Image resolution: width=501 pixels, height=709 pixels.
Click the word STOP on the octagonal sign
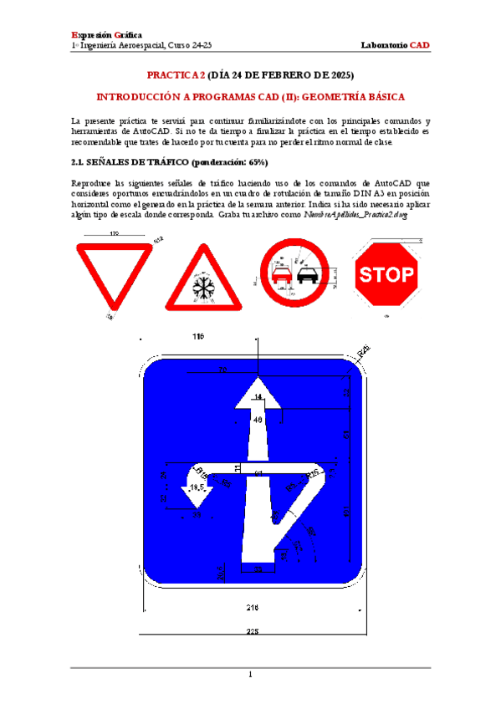pyautogui.click(x=386, y=273)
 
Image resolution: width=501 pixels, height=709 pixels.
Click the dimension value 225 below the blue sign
pyautogui.click(x=253, y=631)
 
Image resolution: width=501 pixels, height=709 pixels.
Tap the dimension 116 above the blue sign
pyautogui.click(x=198, y=337)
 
